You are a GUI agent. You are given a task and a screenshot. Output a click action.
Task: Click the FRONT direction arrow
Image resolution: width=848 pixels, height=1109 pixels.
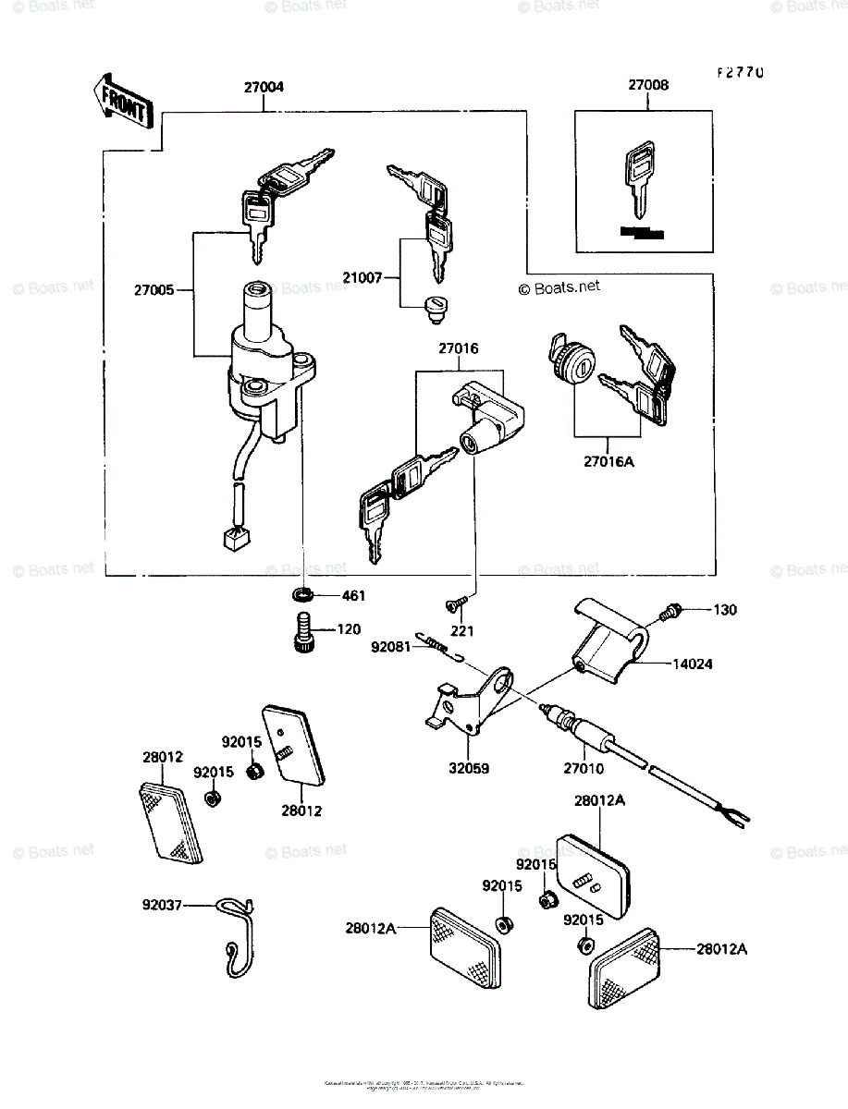120,100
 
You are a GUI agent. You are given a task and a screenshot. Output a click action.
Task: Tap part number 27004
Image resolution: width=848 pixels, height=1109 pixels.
264,87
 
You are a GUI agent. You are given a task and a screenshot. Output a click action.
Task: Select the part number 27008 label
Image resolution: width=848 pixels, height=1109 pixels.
648,85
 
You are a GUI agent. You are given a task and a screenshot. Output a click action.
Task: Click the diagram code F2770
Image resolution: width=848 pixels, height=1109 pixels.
737,72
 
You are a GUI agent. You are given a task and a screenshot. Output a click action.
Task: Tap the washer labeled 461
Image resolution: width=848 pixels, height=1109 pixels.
303,594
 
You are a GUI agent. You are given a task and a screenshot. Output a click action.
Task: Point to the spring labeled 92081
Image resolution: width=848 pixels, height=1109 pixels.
438,644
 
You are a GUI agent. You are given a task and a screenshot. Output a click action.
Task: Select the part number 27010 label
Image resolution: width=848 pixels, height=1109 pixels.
584,768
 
